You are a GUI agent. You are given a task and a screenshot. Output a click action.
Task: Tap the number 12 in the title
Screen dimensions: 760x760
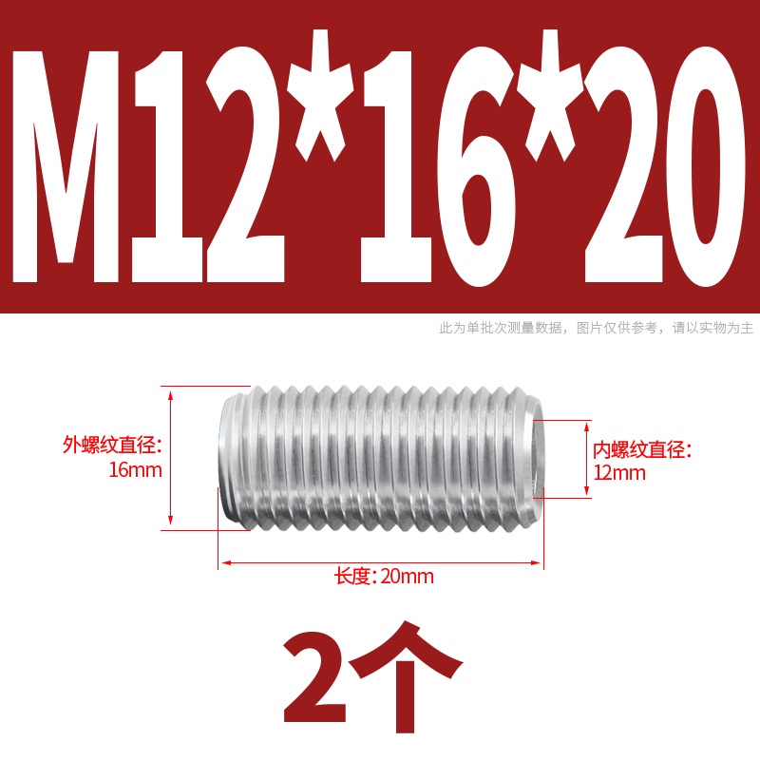click(208, 163)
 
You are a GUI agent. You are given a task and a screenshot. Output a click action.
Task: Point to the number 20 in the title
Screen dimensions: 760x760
click(664, 164)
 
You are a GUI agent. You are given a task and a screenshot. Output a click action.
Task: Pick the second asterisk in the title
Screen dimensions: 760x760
click(551, 97)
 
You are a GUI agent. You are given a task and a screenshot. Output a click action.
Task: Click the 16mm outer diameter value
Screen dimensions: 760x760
click(135, 470)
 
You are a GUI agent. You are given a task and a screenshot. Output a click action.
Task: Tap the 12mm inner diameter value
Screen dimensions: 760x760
click(619, 472)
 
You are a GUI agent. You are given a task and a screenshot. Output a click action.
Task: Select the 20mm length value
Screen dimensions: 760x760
click(408, 577)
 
